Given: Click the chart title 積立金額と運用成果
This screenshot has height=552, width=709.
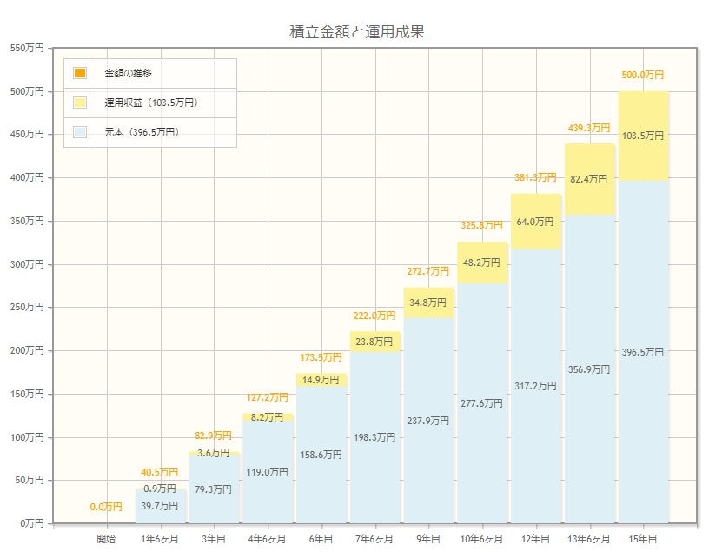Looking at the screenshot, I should pyautogui.click(x=356, y=32).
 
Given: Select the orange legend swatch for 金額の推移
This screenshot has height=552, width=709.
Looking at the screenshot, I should pyautogui.click(x=80, y=73).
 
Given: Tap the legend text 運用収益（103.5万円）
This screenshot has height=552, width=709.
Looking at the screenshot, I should pyautogui.click(x=152, y=103).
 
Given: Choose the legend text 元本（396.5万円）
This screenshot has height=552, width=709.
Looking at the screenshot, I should pyautogui.click(x=142, y=132).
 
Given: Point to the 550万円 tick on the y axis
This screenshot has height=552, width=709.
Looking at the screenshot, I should pyautogui.click(x=26, y=48).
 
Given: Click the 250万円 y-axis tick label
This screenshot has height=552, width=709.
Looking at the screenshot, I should pyautogui.click(x=26, y=307).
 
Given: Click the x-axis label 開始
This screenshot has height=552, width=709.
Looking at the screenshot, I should pyautogui.click(x=106, y=539).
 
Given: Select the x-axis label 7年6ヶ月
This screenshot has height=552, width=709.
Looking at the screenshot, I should pyautogui.click(x=374, y=539).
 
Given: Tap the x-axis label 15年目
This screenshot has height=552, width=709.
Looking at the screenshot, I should pyautogui.click(x=643, y=539).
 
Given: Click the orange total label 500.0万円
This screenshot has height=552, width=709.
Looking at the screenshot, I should pyautogui.click(x=643, y=76).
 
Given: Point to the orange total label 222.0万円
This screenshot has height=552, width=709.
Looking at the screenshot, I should pyautogui.click(x=374, y=316).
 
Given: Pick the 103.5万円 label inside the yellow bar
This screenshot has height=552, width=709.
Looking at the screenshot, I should pyautogui.click(x=643, y=136).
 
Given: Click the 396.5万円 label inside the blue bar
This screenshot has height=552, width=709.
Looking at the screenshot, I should pyautogui.click(x=643, y=352).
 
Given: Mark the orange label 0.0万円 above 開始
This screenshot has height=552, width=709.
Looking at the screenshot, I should pyautogui.click(x=106, y=507).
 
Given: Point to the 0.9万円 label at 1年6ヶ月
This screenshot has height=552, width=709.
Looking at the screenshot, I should pyautogui.click(x=160, y=489).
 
